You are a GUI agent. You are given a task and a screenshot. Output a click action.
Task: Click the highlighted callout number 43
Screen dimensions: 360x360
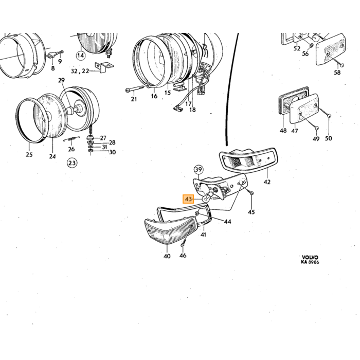pos(188,199)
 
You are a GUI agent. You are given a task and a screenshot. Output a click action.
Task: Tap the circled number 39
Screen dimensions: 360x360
pos(199,170)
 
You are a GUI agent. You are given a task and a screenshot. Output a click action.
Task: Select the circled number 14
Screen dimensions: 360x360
pos(81,56)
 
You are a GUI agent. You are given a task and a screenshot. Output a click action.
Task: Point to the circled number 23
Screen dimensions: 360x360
pos(72,163)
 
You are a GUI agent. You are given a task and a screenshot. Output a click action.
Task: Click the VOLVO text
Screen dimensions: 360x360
pos(310,257)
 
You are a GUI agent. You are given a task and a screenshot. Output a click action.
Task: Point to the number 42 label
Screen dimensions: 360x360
pos(267,182)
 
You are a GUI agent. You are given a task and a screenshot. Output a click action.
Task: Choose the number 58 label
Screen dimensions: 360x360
pos(337,73)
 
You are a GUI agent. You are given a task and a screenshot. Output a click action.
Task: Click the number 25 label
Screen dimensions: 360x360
pos(29,154)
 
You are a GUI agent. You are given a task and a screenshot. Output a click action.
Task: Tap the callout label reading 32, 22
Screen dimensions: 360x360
pos(80,71)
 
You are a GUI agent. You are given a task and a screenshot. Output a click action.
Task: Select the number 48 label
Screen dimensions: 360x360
pos(283,131)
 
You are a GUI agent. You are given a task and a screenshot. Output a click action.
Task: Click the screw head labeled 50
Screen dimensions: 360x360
pos(329,116)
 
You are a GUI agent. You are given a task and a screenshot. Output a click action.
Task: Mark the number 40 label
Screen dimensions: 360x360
pos(167,256)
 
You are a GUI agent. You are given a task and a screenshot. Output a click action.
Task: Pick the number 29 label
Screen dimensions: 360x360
pos(61,80)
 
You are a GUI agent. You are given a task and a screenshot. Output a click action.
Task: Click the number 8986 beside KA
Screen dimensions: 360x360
pos(314,262)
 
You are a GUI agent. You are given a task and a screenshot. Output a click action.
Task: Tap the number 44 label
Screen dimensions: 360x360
pos(227,222)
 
